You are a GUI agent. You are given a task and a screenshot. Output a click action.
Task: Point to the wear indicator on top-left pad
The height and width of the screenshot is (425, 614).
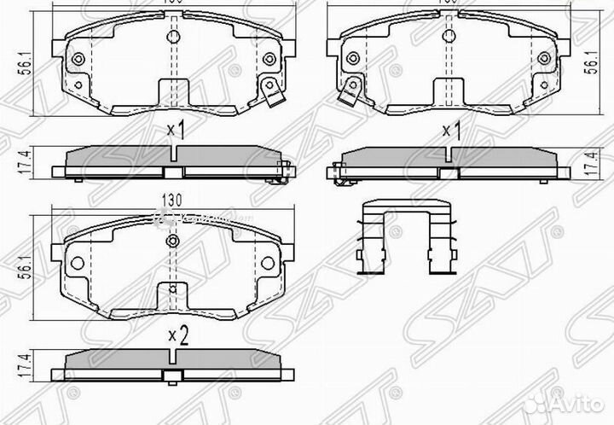271,91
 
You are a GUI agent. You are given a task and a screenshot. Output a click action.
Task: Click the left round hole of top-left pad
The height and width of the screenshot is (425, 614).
79,59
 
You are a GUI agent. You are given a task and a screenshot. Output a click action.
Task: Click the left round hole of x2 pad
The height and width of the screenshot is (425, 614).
79,264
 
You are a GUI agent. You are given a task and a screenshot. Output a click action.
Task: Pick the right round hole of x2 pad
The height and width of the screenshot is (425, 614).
269,264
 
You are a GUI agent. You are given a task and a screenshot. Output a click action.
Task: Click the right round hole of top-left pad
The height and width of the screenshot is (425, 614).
269,59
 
